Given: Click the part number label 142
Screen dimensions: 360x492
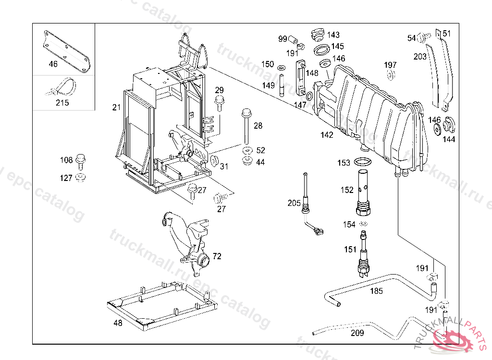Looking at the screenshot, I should click(x=327, y=135).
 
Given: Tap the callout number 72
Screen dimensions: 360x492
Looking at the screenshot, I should click(x=217, y=256).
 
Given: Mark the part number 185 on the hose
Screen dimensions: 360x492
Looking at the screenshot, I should click(x=376, y=291).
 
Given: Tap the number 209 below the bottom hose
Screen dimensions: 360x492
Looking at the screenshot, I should click(x=357, y=333).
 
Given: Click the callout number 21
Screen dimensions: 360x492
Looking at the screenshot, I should click(x=116, y=108).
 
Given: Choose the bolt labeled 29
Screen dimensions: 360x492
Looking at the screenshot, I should click(x=220, y=101).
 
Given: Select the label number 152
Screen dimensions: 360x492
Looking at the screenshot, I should click(x=347, y=190).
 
